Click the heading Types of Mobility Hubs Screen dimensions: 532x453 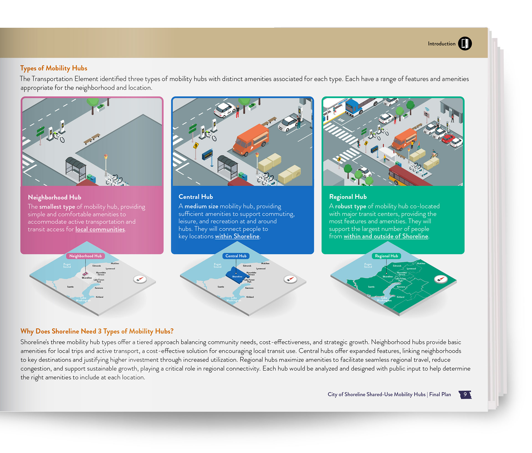point(54,68)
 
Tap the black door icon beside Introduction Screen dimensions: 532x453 point(465,43)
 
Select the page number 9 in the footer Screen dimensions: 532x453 point(465,394)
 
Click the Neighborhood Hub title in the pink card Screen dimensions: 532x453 point(55,197)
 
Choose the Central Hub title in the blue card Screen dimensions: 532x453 point(196,197)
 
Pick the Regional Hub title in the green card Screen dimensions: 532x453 point(348,197)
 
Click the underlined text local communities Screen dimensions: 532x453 point(100,229)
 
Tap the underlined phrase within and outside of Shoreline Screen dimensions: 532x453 point(386,236)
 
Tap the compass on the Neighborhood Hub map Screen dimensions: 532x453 point(140,279)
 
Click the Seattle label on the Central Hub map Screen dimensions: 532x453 point(221,287)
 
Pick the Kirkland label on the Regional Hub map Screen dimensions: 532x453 point(400,297)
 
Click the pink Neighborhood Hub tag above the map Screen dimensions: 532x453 point(85,256)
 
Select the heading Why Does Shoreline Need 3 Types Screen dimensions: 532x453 point(97,331)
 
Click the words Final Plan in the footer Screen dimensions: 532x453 point(440,394)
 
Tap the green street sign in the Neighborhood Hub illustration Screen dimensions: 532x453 point(40,132)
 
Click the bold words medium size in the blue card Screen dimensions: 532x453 point(201,206)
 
